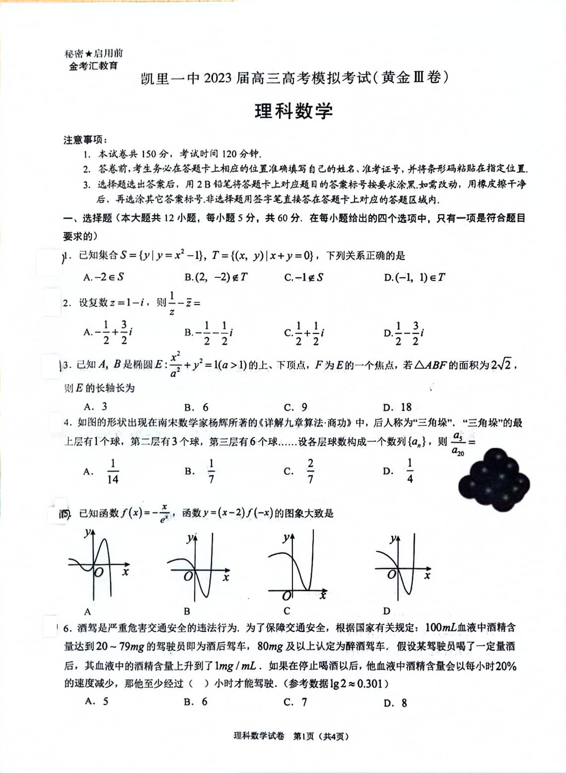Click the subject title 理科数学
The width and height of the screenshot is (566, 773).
(x=293, y=111)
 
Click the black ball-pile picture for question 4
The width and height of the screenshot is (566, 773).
(x=494, y=479)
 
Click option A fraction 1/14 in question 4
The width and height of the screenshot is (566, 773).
(x=112, y=471)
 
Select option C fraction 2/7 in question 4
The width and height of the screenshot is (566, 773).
(x=310, y=471)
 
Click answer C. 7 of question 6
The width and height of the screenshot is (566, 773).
(x=295, y=702)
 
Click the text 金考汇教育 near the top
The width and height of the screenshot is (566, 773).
(x=93, y=66)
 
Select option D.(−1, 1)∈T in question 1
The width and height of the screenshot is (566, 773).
(x=414, y=277)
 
